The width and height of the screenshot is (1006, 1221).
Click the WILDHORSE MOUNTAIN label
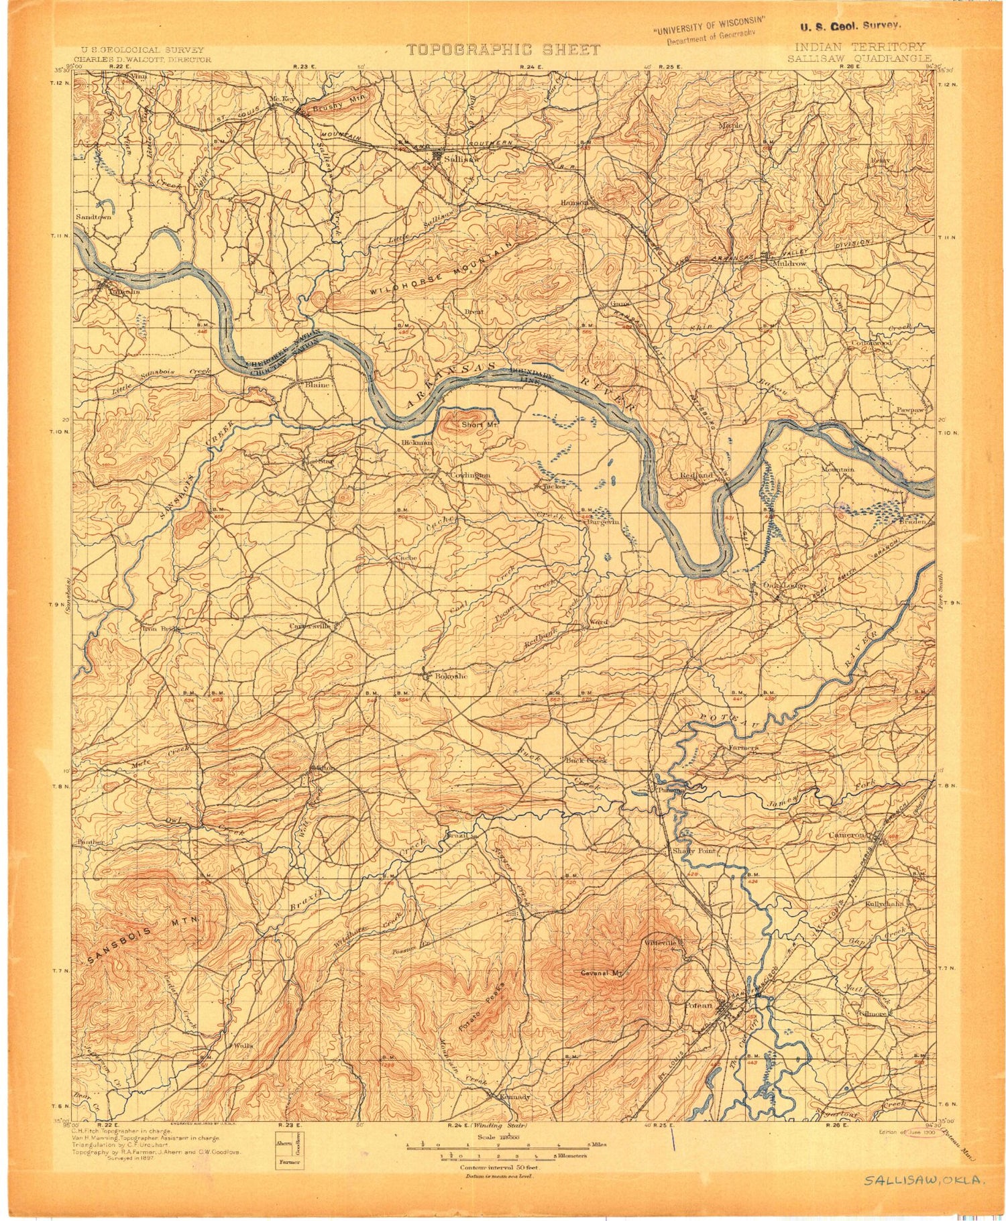[443, 270]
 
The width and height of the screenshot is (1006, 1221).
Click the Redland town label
[695, 475]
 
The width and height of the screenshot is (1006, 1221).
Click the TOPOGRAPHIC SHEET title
[503, 50]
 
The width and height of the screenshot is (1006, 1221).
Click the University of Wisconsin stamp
[704, 32]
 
